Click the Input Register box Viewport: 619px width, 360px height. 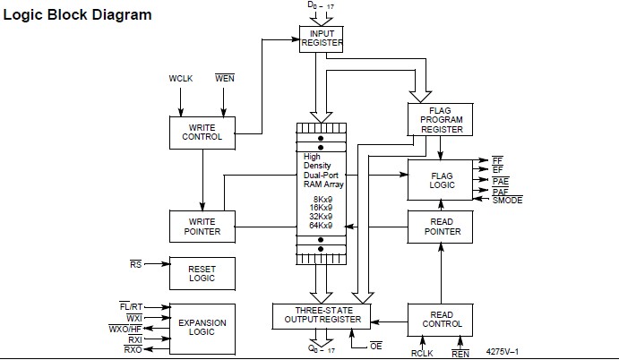pos(321,38)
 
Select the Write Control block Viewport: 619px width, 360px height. pos(202,132)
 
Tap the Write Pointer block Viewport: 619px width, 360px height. pos(202,226)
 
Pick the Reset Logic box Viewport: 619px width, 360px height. pos(202,273)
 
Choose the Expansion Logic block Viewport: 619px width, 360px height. pos(202,328)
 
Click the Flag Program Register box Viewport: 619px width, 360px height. pos(440,119)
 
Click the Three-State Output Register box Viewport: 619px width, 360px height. pos(322,315)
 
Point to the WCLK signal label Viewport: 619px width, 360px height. pos(182,79)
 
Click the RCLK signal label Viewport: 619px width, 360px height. pos(422,353)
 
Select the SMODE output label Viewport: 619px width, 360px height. pos(508,200)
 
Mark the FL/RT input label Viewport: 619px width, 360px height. pos(131,306)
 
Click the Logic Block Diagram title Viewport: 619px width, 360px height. pos(78,15)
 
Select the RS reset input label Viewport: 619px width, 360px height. pos(135,264)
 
